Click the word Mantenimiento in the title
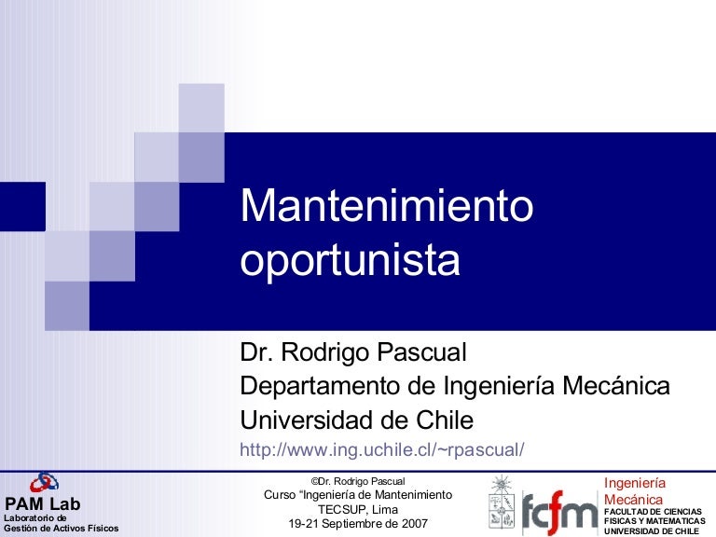tap(387, 206)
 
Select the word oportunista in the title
tap(351, 261)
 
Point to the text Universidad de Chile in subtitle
tap(357, 418)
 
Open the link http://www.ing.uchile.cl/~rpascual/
tap(382, 449)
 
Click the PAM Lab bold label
tap(43, 504)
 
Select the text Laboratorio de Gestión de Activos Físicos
tap(61, 523)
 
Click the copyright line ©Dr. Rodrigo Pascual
tap(358, 480)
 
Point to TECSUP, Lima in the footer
tap(358, 509)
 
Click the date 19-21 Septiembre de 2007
tap(358, 524)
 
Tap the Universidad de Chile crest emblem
tap(502, 503)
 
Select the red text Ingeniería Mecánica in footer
tap(635, 491)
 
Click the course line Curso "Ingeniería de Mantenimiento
tap(358, 494)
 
